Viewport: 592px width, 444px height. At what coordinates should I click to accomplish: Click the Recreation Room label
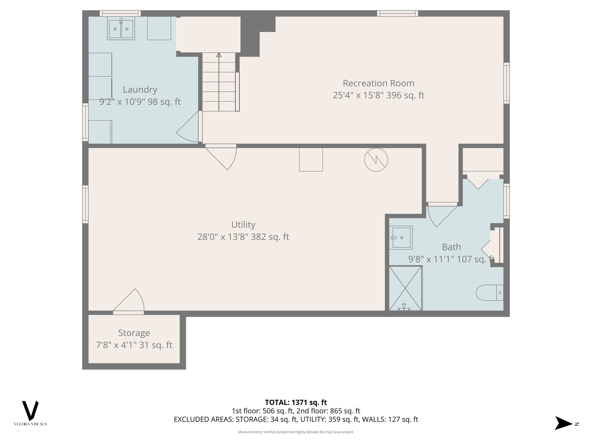(378, 83)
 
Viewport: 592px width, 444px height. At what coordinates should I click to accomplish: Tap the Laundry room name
(140, 90)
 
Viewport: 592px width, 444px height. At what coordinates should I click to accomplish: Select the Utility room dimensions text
(243, 237)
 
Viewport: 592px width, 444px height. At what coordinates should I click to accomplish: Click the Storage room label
(134, 333)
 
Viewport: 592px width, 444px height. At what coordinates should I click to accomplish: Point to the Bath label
(451, 247)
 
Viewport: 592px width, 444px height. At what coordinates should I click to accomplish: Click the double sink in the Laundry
(121, 28)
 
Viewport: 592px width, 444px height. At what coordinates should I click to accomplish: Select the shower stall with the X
(405, 288)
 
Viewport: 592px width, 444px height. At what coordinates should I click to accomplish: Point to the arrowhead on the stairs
(219, 55)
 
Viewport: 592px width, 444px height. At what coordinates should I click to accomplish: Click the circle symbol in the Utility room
(376, 160)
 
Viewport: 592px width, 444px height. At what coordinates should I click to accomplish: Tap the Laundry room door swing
(188, 129)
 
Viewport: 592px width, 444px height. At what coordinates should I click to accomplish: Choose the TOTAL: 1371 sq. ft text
(296, 402)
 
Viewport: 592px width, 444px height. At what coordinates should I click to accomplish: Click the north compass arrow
(563, 423)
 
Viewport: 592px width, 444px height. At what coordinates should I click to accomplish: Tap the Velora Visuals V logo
(30, 411)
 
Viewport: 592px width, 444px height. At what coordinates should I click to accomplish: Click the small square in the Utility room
(311, 160)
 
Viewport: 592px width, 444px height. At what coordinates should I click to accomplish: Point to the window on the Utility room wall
(85, 204)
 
